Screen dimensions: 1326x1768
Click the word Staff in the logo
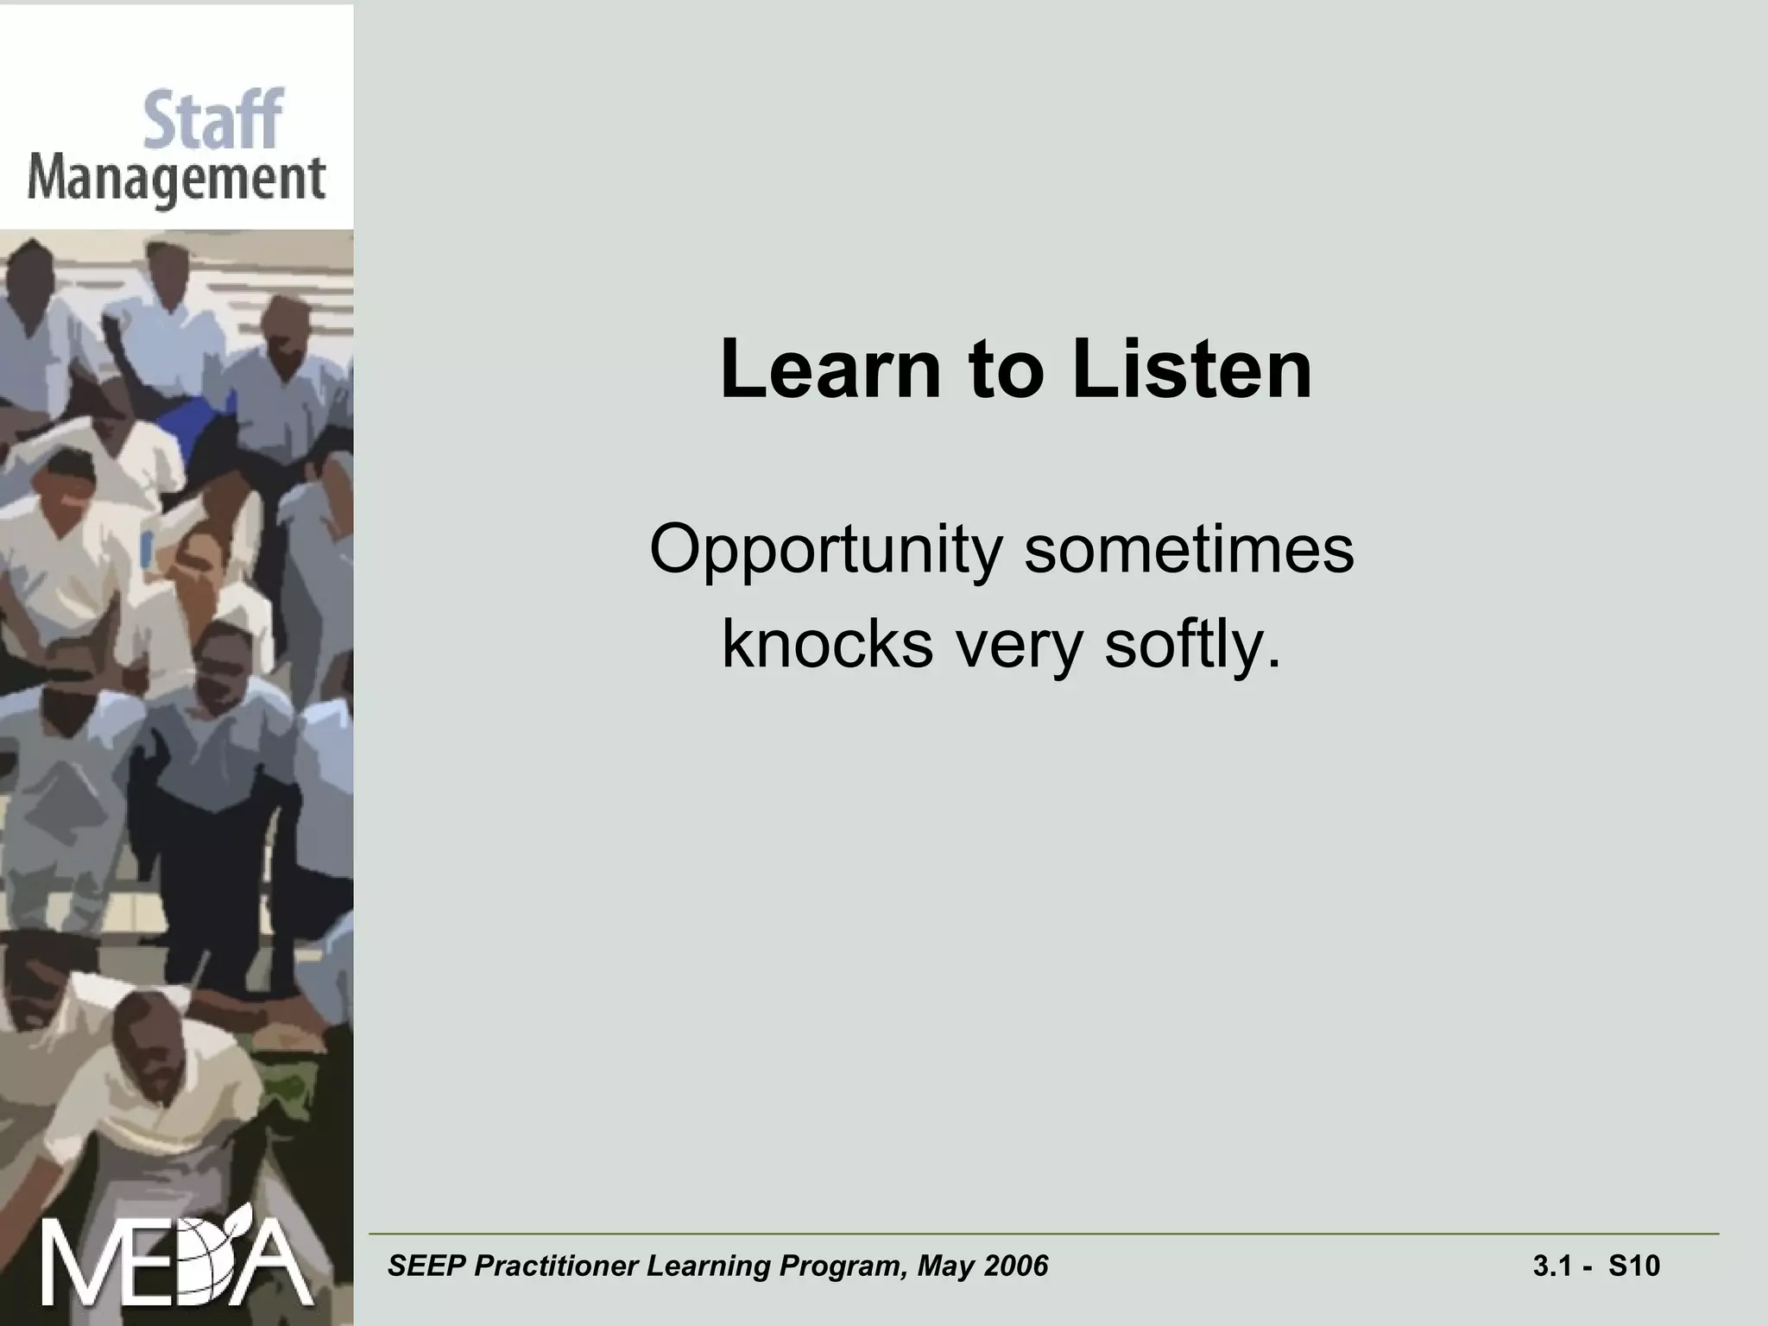tap(212, 121)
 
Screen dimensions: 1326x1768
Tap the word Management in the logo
tap(176, 181)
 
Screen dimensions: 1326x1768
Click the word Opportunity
tap(826, 551)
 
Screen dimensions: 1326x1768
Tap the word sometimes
tap(1189, 549)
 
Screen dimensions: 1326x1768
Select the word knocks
tap(827, 644)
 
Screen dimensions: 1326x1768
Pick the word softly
tap(1192, 646)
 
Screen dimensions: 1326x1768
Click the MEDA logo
tap(177, 1262)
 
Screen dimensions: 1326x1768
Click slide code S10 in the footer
tap(1634, 1266)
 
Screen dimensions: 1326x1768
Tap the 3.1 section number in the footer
tap(1551, 1266)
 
